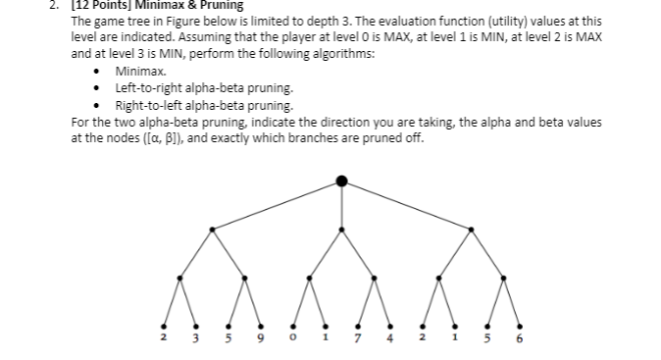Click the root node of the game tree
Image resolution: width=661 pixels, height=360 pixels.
click(341, 180)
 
